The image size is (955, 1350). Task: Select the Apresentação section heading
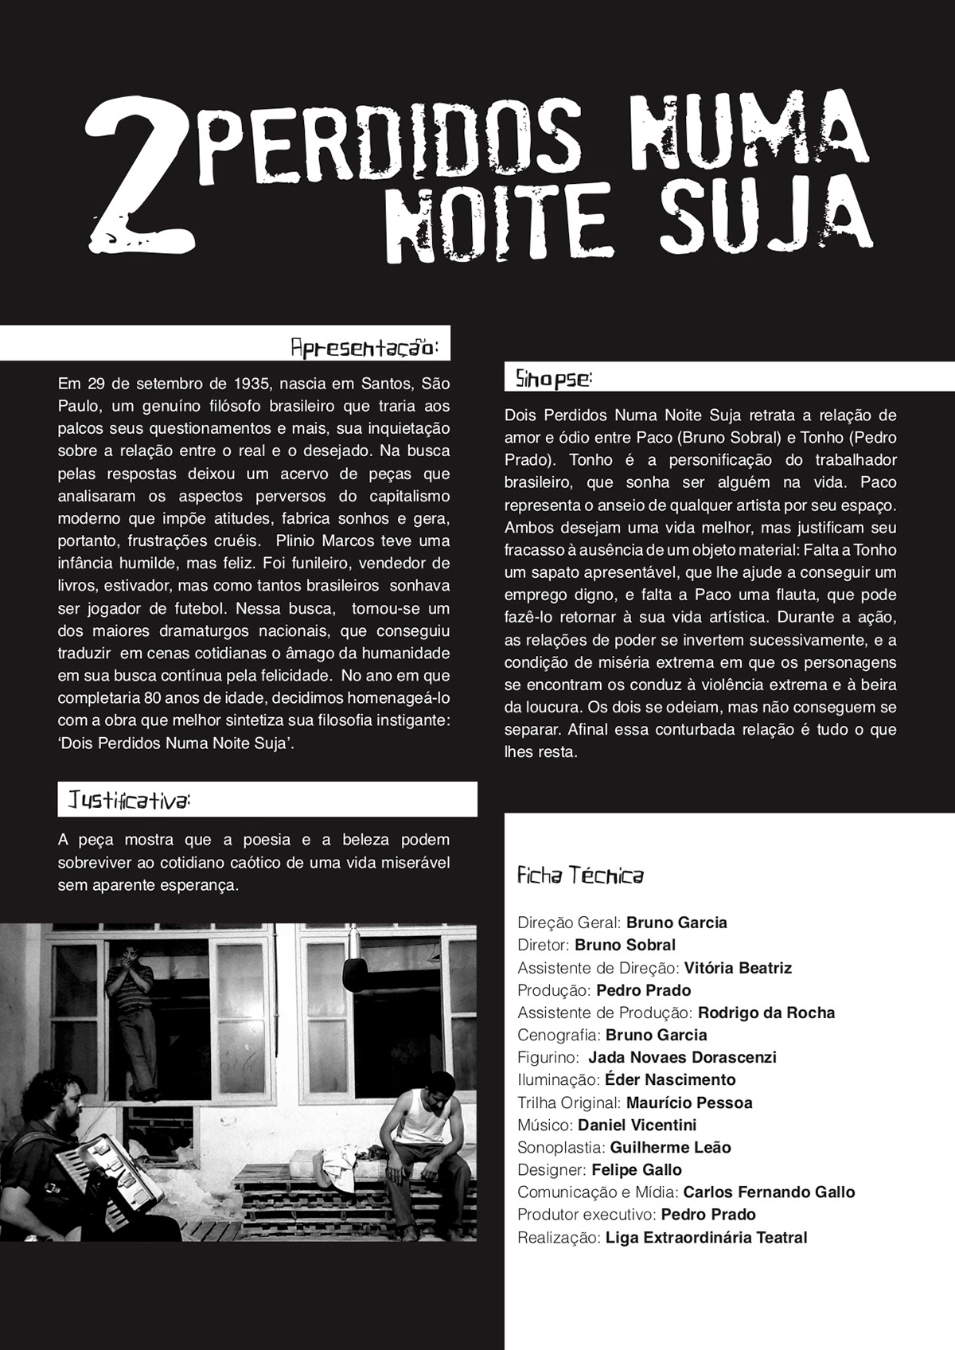[x=364, y=349]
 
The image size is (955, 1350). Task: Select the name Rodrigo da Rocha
[x=766, y=1012]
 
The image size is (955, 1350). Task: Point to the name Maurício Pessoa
[x=689, y=1102]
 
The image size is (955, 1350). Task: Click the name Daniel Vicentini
[x=637, y=1125]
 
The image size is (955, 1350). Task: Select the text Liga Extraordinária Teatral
[x=706, y=1237]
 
